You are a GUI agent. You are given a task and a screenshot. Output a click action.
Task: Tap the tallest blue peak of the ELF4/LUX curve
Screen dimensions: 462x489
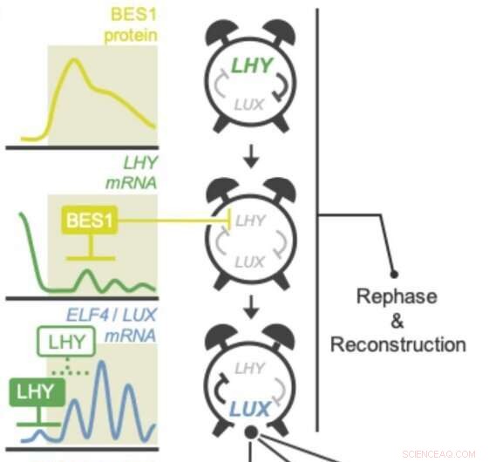103,364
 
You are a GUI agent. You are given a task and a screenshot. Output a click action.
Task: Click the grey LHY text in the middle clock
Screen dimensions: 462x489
250,221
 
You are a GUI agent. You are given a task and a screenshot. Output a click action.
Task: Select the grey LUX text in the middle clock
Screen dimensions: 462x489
249,261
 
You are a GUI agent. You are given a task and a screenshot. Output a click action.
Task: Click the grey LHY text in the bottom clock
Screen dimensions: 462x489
250,370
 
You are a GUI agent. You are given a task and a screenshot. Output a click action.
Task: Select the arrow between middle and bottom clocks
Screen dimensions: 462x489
251,307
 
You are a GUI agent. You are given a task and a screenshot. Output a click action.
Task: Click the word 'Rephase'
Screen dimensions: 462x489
397,296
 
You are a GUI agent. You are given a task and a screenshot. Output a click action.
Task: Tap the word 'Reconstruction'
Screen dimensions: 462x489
397,343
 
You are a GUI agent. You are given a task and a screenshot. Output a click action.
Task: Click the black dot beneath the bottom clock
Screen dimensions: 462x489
251,432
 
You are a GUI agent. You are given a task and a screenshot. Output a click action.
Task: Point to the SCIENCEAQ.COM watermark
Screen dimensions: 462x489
440,453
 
